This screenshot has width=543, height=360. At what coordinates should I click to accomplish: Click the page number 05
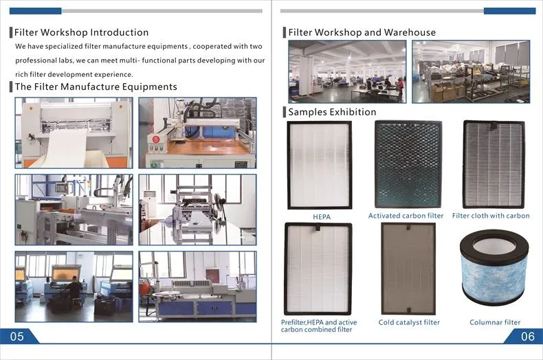point(17,336)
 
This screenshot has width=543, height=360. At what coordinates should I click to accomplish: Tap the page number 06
point(527,336)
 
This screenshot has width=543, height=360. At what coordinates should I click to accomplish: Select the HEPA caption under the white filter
point(322,216)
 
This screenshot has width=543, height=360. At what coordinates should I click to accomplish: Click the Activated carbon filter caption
point(406,216)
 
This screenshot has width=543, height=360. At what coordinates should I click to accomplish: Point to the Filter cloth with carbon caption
point(491,216)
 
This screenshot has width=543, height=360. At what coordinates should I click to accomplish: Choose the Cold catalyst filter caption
point(409,322)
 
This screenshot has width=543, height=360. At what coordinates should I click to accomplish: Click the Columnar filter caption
point(495,322)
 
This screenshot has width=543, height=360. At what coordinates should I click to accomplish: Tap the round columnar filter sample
point(494,267)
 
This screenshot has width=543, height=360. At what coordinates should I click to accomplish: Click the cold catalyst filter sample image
point(408,269)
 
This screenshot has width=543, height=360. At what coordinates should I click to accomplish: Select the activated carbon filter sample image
point(408,164)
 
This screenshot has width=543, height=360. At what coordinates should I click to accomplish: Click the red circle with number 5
point(156,139)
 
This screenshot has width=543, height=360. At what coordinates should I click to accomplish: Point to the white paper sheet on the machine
point(66,148)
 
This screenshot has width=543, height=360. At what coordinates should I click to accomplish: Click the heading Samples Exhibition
point(332,112)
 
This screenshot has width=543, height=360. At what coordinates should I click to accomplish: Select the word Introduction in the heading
point(120,32)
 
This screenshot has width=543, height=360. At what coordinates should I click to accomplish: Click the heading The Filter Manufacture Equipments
point(96,87)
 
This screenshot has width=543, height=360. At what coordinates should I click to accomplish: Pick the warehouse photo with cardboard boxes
point(471,71)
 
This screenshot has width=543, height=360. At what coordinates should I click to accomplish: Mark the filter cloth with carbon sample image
point(494,164)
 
